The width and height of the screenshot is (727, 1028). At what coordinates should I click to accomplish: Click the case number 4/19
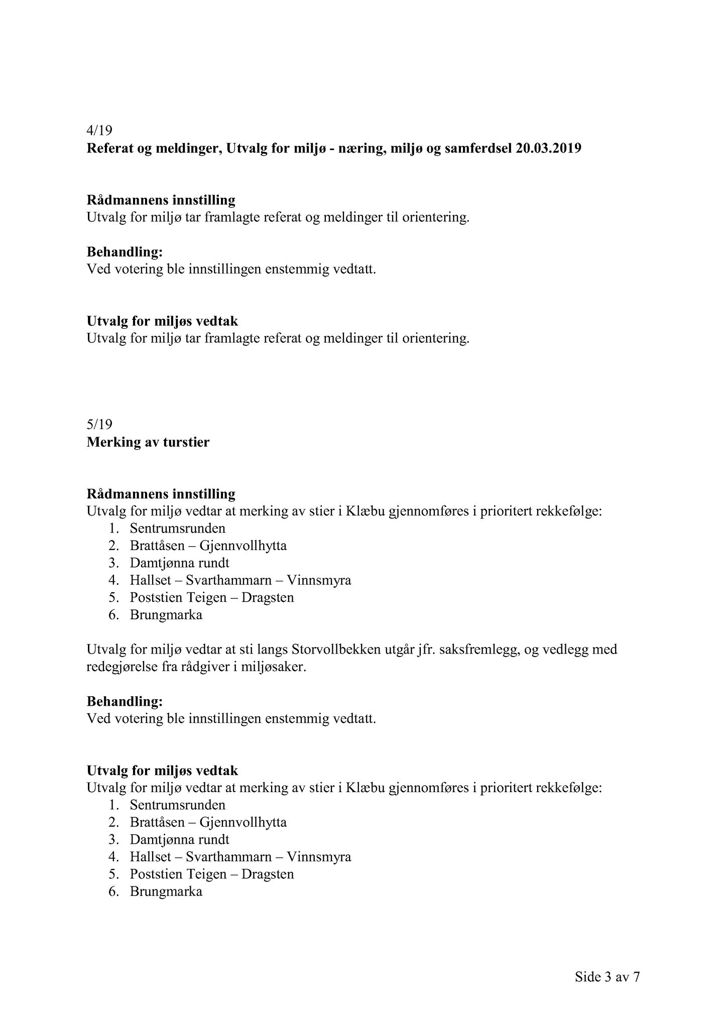99,131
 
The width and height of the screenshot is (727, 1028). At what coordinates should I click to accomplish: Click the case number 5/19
99,425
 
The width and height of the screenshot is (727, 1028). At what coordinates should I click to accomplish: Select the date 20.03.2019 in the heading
548,149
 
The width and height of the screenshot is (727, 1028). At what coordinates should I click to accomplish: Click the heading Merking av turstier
148,443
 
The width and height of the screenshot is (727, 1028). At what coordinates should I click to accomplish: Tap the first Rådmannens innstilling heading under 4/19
161,200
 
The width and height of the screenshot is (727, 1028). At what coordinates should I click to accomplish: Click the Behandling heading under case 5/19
125,701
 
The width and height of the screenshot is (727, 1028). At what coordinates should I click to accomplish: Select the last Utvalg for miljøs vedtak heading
162,770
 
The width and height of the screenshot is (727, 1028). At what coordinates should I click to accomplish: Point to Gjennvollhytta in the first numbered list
243,546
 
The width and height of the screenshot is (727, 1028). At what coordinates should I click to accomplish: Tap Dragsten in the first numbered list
268,598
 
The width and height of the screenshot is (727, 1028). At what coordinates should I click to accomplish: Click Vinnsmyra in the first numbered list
319,580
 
